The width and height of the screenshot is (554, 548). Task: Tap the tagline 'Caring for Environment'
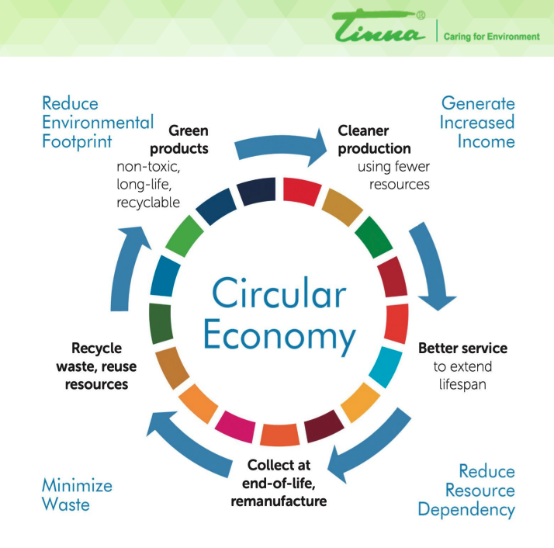pyautogui.click(x=491, y=36)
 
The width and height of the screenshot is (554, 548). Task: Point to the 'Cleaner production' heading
pyautogui.click(x=374, y=139)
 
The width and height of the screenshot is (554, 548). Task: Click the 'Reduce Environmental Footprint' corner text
pyautogui.click(x=98, y=122)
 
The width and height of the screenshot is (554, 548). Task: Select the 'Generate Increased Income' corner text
pyautogui.click(x=477, y=122)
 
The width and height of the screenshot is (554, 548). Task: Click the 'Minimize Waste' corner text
pyautogui.click(x=77, y=494)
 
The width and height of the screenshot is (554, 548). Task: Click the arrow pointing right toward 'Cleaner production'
pyautogui.click(x=280, y=147)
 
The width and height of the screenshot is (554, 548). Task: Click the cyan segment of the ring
pyautogui.click(x=384, y=366)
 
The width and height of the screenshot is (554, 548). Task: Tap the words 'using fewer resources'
pyautogui.click(x=393, y=175)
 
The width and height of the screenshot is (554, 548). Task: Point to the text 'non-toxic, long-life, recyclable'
pyautogui.click(x=148, y=185)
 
